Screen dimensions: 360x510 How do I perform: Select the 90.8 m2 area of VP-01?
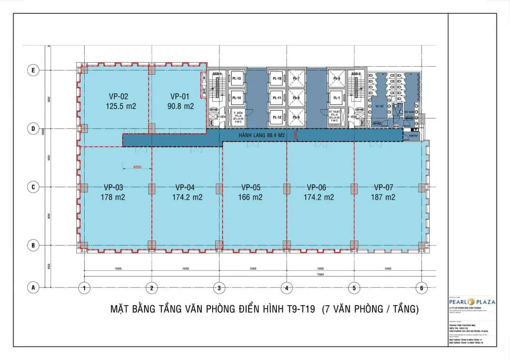pyautogui.click(x=182, y=106)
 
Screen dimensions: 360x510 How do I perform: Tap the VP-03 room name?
pyautogui.click(x=114, y=188)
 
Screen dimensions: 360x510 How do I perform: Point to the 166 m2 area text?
pyautogui.click(x=252, y=197)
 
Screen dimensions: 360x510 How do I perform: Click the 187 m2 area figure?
pyautogui.click(x=383, y=197)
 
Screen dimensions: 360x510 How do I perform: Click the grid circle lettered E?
pyautogui.click(x=33, y=71)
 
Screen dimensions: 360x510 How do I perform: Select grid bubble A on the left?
pyautogui.click(x=33, y=287)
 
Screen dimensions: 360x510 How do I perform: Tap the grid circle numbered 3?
pyautogui.click(x=219, y=288)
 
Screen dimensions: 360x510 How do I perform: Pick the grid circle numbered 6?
pyautogui.click(x=422, y=288)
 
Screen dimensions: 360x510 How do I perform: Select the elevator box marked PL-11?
pyautogui.click(x=277, y=99)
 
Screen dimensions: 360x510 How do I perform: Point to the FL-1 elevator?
pyautogui.click(x=337, y=99)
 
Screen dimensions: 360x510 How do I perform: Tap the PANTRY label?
pyautogui.click(x=413, y=135)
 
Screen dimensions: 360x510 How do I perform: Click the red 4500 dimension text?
pyautogui.click(x=137, y=167)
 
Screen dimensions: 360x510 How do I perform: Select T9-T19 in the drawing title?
pyautogui.click(x=299, y=309)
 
